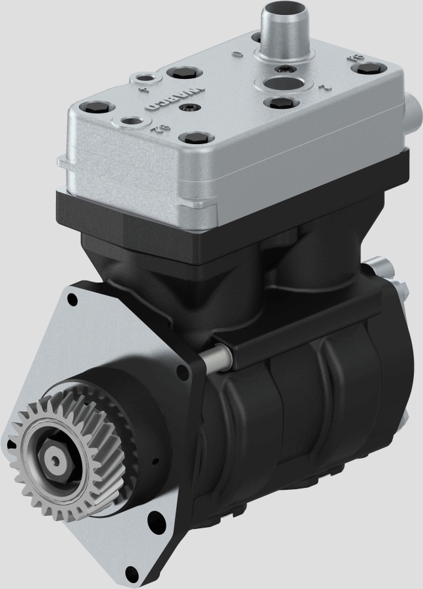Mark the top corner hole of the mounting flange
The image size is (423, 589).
(72, 299)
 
